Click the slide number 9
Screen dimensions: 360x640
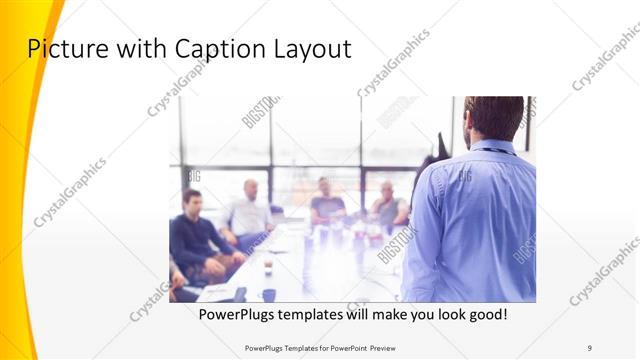coord(589,347)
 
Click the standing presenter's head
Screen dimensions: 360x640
coord(494,116)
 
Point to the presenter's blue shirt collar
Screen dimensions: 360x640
coord(493,148)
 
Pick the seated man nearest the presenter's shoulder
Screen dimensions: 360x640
coord(389,205)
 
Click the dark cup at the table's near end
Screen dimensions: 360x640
coord(269,294)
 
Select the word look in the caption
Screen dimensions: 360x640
coord(437,314)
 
